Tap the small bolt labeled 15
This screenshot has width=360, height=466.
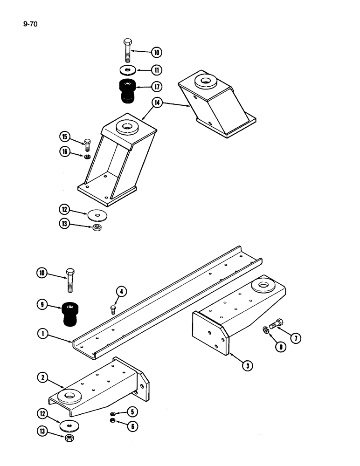87,143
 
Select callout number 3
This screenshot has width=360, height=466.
248,366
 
